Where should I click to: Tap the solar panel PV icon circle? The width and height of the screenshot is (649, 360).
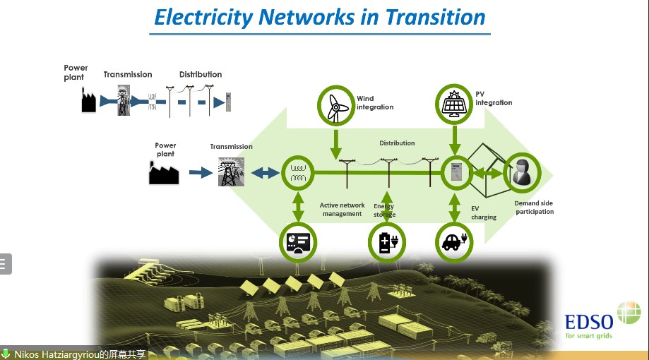coord(454,104)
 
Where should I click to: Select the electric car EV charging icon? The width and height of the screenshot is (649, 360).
coord(453,241)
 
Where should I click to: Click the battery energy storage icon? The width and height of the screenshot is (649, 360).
coord(388,242)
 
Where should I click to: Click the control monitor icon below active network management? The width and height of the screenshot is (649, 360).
coord(297,242)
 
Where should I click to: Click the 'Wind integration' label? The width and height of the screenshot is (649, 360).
coord(374,103)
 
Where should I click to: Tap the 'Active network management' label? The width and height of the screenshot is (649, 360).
coord(342,210)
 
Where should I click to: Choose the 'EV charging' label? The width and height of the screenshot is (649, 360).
coord(484,213)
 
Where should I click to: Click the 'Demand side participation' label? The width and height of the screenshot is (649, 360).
coord(534,208)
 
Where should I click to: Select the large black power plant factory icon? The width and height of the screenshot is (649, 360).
coord(164,172)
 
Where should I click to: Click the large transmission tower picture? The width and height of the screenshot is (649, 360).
coord(231,172)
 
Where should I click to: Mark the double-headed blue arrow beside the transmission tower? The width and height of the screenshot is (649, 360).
coord(266,172)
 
